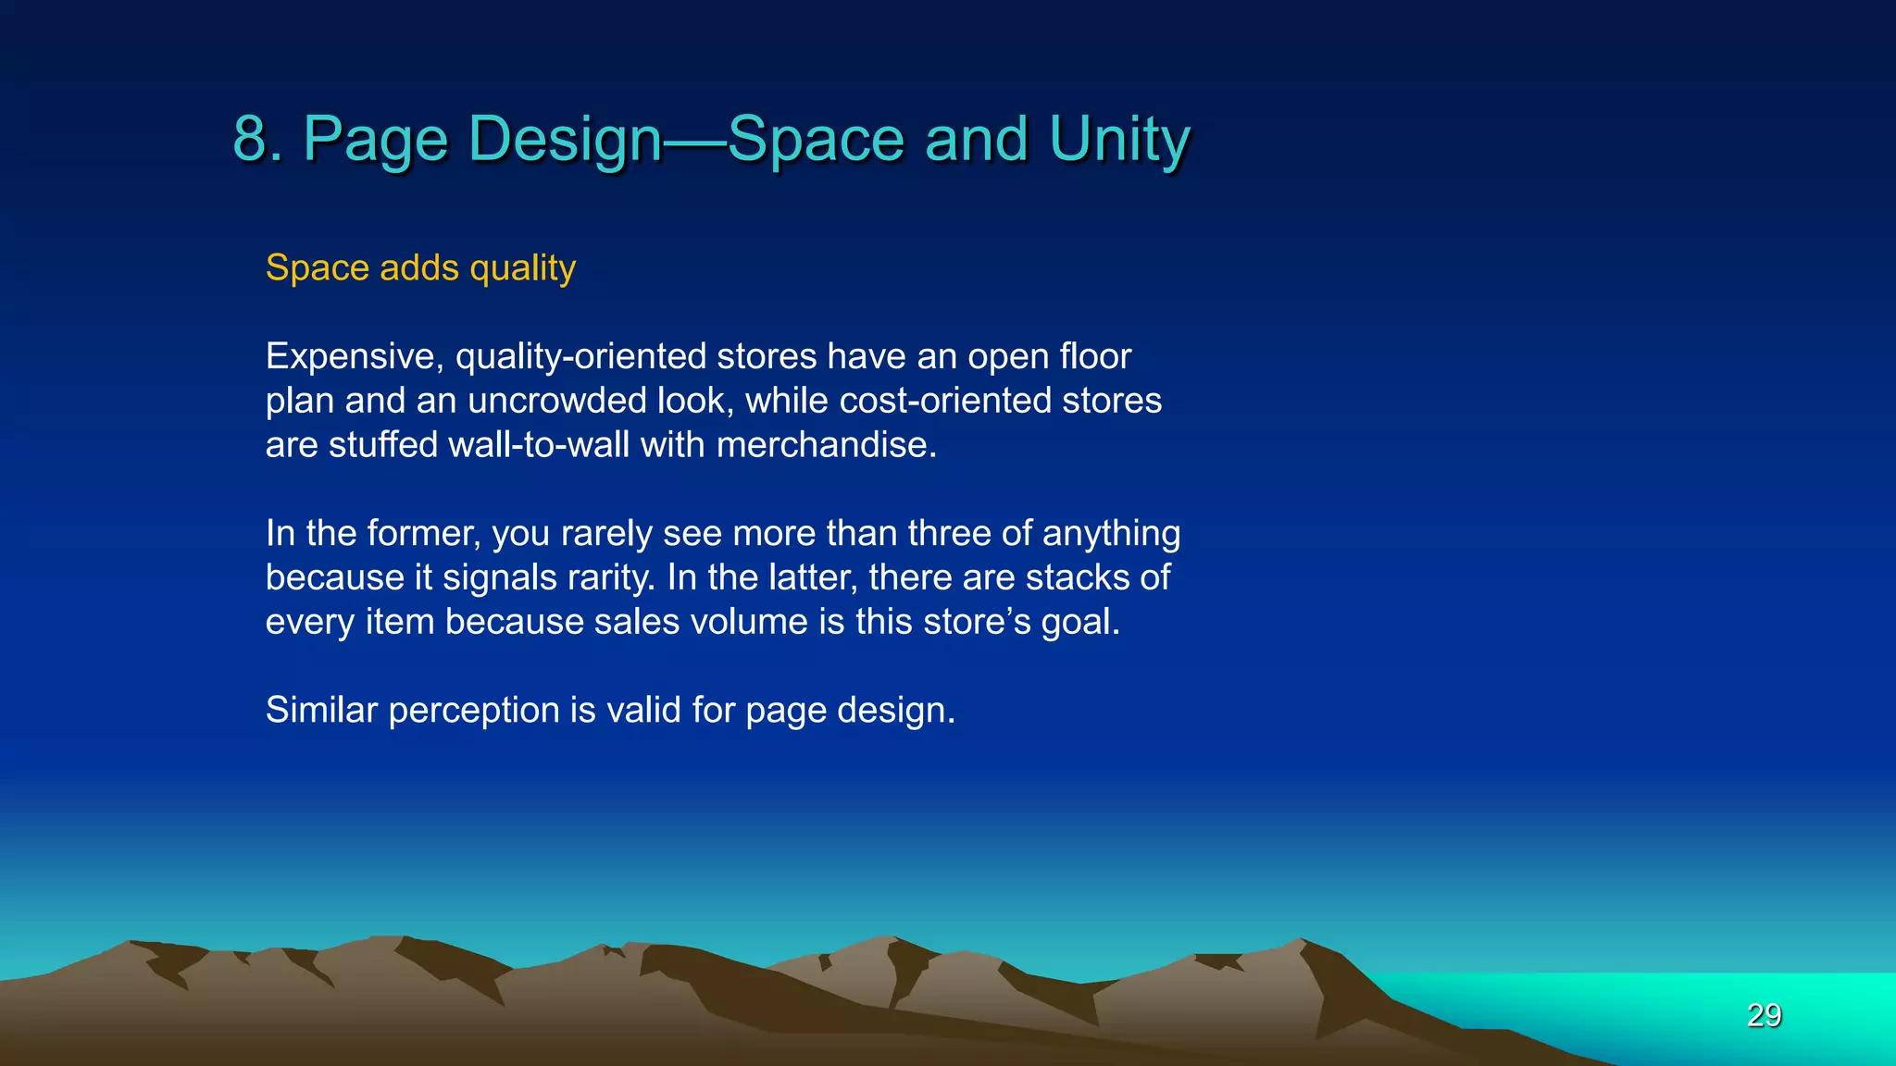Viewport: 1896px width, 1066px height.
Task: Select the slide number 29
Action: coord(1764,1015)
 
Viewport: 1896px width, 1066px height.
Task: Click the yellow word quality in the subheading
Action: coord(522,268)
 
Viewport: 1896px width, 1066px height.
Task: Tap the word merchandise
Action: coord(826,445)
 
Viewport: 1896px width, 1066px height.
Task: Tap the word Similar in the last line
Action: coord(321,711)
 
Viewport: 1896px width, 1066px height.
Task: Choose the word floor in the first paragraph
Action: coord(1095,356)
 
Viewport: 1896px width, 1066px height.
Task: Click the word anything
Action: coord(1111,534)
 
